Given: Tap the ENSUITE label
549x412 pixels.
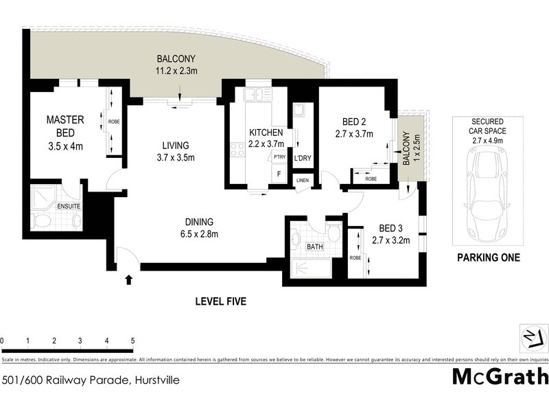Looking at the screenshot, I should coord(69,205).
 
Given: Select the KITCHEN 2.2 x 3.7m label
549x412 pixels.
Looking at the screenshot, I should coord(266,138).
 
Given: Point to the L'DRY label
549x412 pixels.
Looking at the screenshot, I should coord(303,159).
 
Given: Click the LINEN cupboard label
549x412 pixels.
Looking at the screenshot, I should coord(303,181).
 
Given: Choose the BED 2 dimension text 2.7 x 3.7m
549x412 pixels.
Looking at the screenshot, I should coord(353,134).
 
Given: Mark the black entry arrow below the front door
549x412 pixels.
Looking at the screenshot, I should coord(128,279).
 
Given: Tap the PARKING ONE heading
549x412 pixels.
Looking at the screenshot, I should coord(488,258).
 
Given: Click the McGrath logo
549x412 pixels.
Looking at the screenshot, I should coord(500,376).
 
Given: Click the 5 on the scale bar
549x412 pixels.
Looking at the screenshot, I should coord(132,341).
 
